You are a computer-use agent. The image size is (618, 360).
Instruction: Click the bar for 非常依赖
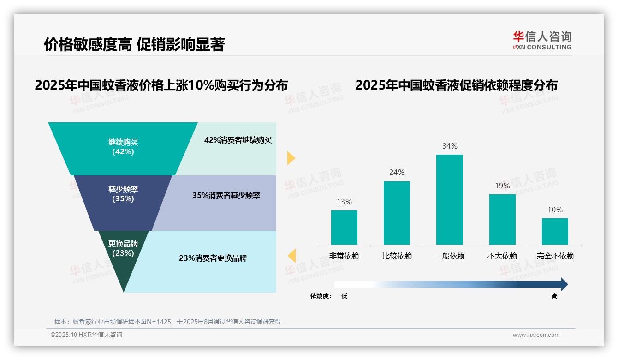pos(344,228)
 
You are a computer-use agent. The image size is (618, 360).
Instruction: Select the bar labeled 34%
pos(450,199)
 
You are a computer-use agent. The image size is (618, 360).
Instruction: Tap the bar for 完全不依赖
pos(555,231)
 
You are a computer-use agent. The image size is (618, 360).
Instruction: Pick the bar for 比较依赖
pos(397,213)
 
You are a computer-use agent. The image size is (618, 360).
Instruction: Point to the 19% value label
pos(502,186)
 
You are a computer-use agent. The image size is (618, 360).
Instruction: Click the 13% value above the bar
pos(344,202)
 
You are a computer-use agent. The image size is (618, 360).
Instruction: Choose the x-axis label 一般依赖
pos(450,256)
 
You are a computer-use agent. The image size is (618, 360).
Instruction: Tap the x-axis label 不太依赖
pos(502,256)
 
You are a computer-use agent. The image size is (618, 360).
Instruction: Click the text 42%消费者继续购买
pos(238,140)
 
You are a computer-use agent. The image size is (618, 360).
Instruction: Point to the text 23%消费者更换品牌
pos(213,258)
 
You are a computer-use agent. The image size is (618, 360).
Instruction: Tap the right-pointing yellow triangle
pos(291,158)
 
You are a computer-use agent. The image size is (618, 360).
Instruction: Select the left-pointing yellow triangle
pos(291,255)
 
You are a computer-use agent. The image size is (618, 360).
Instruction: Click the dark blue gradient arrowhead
pos(563,284)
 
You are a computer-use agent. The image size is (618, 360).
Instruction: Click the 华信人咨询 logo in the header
pos(541,40)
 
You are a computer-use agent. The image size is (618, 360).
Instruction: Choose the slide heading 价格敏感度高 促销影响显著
pos(134,44)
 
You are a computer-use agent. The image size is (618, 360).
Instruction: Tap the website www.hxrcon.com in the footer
pos(536,335)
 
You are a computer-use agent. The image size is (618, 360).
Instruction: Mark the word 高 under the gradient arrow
pos(554,296)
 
